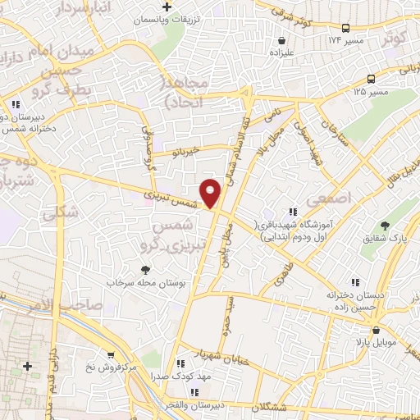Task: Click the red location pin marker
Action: [x=211, y=192]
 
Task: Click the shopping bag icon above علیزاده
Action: [x=282, y=39]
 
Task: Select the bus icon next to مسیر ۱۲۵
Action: [x=371, y=79]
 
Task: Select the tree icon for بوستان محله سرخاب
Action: [x=146, y=270]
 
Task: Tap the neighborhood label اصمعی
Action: [x=328, y=199]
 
